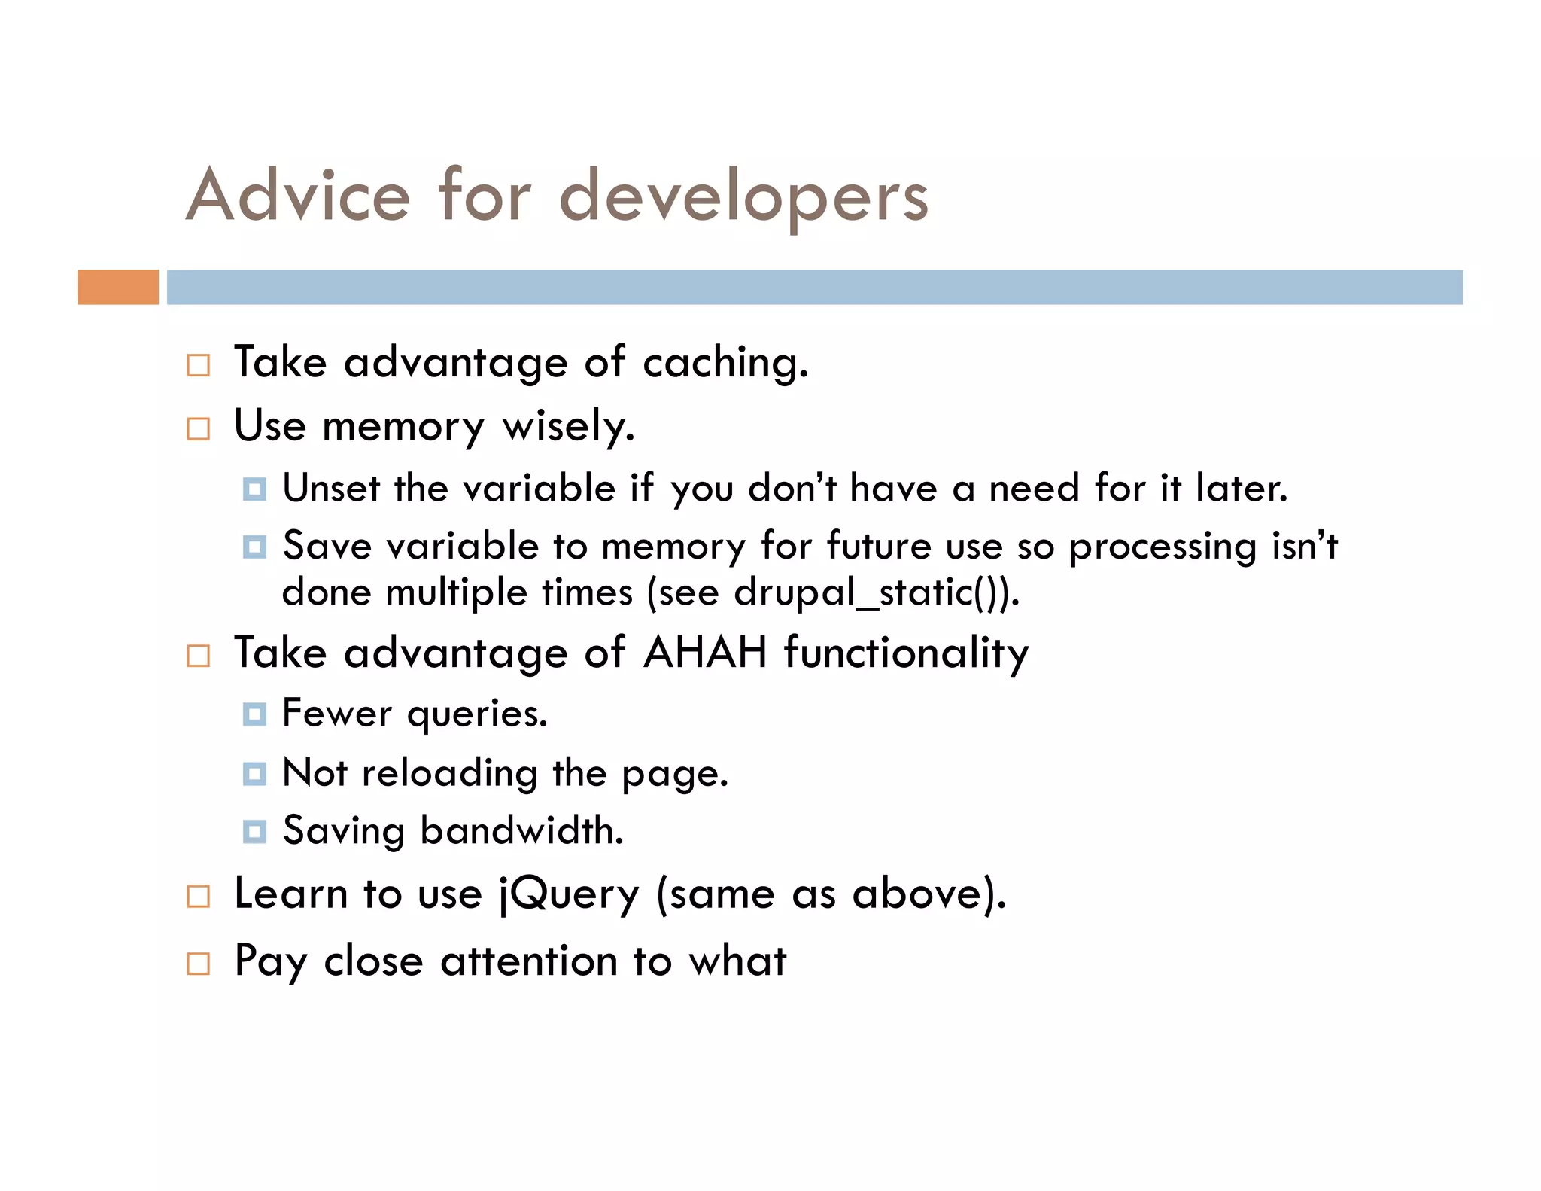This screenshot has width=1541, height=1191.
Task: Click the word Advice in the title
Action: click(298, 196)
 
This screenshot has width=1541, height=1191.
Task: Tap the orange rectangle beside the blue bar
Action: click(118, 287)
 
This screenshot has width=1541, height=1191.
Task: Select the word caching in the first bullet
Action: click(725, 364)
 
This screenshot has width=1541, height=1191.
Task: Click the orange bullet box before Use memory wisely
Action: click(198, 429)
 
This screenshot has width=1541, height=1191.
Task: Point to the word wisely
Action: click(568, 427)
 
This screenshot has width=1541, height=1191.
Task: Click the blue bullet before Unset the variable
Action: click(254, 489)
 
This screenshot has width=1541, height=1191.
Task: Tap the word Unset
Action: click(331, 488)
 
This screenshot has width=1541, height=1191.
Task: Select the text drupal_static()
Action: click(873, 592)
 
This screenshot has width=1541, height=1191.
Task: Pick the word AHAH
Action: click(705, 652)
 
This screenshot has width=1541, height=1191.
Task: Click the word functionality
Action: click(906, 652)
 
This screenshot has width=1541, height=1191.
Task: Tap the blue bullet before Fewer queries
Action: click(254, 714)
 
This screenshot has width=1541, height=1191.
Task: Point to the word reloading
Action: click(449, 774)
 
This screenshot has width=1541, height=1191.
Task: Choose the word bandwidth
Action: click(521, 831)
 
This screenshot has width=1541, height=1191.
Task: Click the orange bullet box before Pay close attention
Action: click(198, 964)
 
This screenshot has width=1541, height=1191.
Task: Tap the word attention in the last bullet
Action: click(529, 961)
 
